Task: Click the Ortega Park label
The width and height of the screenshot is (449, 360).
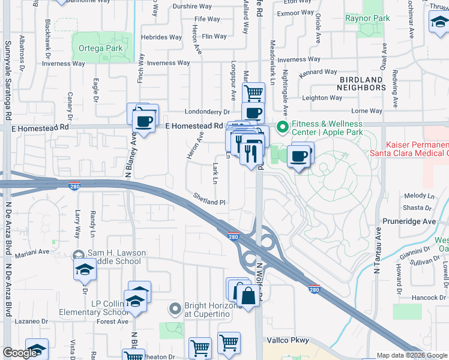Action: click(x=97, y=48)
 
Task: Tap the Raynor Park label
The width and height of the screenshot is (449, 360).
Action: click(x=367, y=18)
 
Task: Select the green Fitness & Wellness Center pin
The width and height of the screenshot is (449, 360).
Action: click(x=281, y=127)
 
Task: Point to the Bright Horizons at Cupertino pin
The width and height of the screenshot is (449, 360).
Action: click(x=175, y=310)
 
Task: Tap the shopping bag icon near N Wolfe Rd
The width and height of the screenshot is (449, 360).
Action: click(x=247, y=295)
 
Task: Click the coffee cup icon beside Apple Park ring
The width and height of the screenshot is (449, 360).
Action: click(x=299, y=157)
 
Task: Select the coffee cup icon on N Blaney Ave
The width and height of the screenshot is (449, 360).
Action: click(x=143, y=121)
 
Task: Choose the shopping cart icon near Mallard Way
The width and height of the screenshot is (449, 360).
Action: click(x=254, y=93)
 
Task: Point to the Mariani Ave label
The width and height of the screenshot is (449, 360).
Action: click(x=35, y=253)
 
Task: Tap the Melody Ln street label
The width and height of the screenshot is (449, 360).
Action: click(x=419, y=196)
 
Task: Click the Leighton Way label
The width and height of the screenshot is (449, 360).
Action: click(x=322, y=98)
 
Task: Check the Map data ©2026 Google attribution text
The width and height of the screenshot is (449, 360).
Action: click(x=412, y=355)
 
